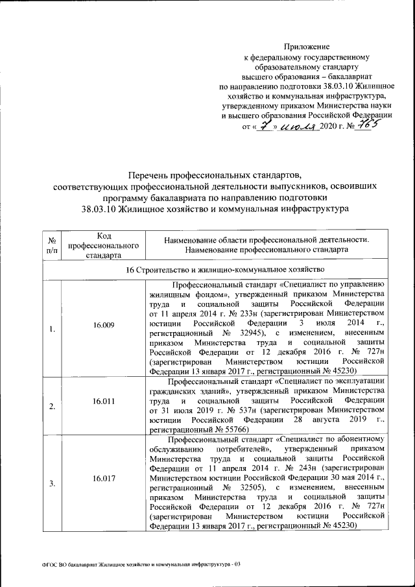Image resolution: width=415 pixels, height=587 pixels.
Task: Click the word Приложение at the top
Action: click(x=307, y=47)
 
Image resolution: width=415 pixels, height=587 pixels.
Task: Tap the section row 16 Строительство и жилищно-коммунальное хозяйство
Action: click(x=217, y=269)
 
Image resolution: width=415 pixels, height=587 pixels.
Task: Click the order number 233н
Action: click(x=232, y=312)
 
